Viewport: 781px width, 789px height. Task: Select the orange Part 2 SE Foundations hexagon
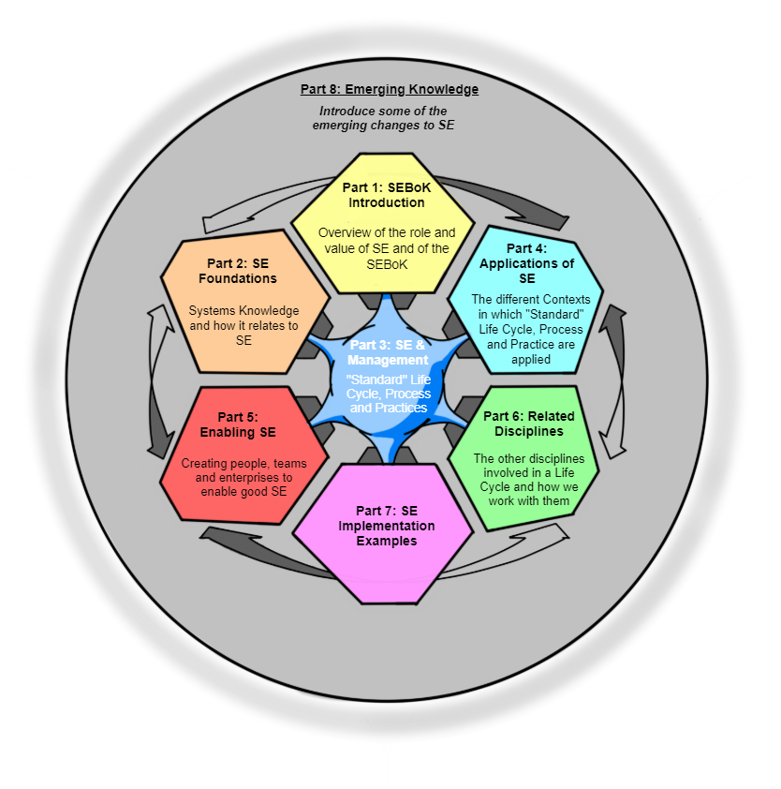click(x=243, y=300)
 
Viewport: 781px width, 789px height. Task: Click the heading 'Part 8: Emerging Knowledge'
click(x=390, y=90)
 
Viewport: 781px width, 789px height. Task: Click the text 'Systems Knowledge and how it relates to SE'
click(x=243, y=325)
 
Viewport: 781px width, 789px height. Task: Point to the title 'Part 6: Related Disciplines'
click(x=529, y=424)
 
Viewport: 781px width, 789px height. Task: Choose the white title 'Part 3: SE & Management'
click(x=388, y=352)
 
